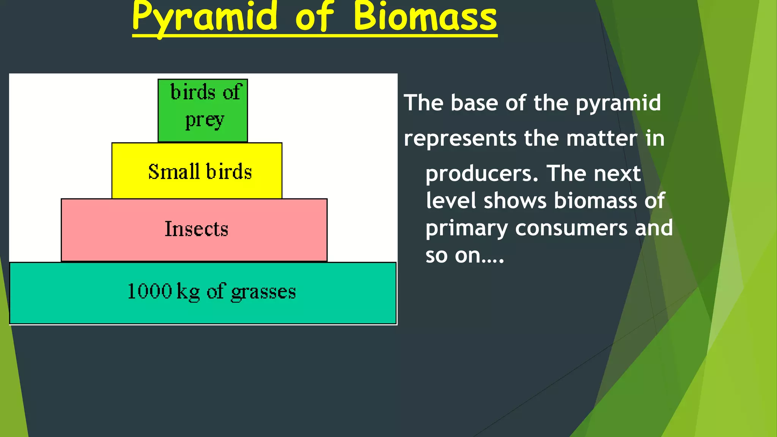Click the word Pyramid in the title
click(x=205, y=17)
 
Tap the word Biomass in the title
click(x=425, y=17)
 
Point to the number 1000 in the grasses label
click(x=150, y=291)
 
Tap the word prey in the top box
click(x=205, y=121)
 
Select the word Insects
click(x=196, y=229)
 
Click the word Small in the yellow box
click(x=174, y=171)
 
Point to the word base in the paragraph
click(x=474, y=103)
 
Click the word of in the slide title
click(x=314, y=17)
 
